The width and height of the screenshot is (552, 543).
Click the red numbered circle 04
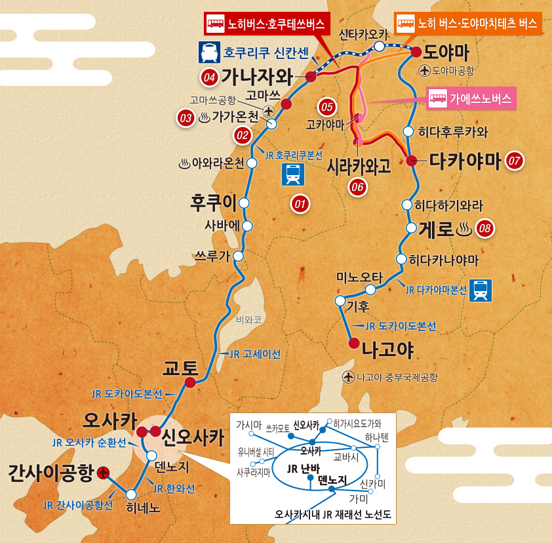click(x=209, y=77)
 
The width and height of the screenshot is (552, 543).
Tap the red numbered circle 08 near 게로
click(x=484, y=228)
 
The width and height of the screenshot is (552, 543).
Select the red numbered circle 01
click(x=300, y=204)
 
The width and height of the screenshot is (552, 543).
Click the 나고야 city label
click(x=388, y=350)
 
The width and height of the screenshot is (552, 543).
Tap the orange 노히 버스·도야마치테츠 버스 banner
click(x=467, y=24)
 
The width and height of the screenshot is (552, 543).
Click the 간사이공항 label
click(x=50, y=473)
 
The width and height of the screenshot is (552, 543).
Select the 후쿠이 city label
click(x=213, y=201)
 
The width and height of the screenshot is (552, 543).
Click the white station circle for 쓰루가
click(x=239, y=256)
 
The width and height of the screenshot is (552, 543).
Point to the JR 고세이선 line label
click(x=255, y=353)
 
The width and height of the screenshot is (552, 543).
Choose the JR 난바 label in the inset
click(x=304, y=468)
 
